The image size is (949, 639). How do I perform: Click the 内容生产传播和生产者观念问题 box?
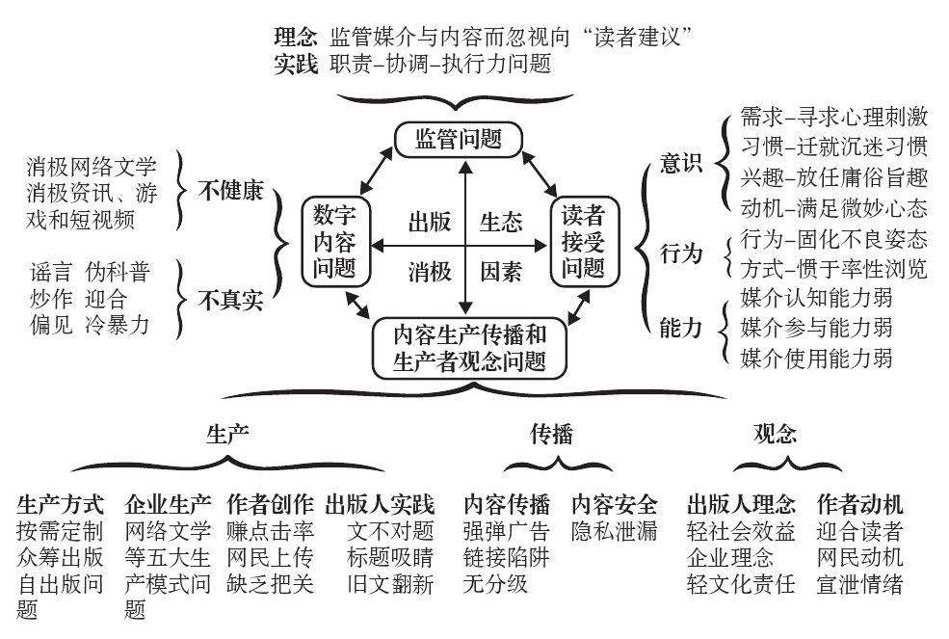(x=470, y=348)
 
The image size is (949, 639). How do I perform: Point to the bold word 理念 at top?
(x=295, y=38)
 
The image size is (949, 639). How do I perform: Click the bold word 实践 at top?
(x=295, y=65)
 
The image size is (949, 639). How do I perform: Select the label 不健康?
(x=231, y=191)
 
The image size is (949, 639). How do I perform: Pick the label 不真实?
(x=231, y=300)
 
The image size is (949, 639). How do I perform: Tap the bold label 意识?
(x=681, y=165)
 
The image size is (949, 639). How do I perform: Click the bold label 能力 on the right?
(x=681, y=328)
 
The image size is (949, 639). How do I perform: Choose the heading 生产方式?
(x=61, y=504)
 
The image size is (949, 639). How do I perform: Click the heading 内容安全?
(x=615, y=504)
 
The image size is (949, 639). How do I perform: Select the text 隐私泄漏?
(x=615, y=531)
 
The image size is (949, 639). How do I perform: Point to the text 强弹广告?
(x=507, y=531)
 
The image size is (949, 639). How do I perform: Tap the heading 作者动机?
(x=859, y=504)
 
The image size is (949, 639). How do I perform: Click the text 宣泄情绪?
(x=859, y=584)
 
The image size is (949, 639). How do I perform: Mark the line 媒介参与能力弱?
(x=816, y=328)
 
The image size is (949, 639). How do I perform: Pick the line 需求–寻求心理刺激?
(x=834, y=119)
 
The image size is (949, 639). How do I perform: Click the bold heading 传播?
(x=551, y=434)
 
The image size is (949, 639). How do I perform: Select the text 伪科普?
(x=118, y=272)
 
